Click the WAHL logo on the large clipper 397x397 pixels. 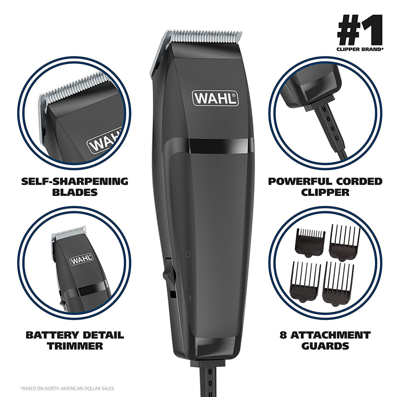(215, 98)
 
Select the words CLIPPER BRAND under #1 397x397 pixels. (360, 50)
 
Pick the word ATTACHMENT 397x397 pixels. (336, 335)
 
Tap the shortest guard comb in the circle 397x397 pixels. (310, 242)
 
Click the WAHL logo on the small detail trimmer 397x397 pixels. (81, 260)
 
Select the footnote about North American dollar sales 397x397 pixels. (67, 388)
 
